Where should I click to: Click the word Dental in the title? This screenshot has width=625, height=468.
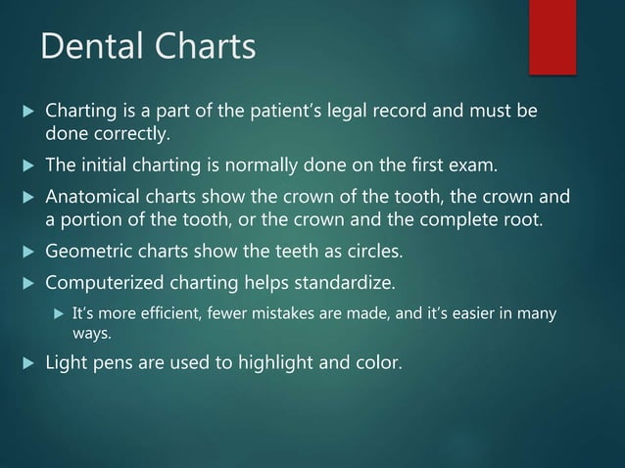pos(86,46)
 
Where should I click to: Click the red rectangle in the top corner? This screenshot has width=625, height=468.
pos(553,36)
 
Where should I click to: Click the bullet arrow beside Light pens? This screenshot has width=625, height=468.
pos(27,363)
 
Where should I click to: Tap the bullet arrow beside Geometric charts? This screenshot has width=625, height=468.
pos(27,252)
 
